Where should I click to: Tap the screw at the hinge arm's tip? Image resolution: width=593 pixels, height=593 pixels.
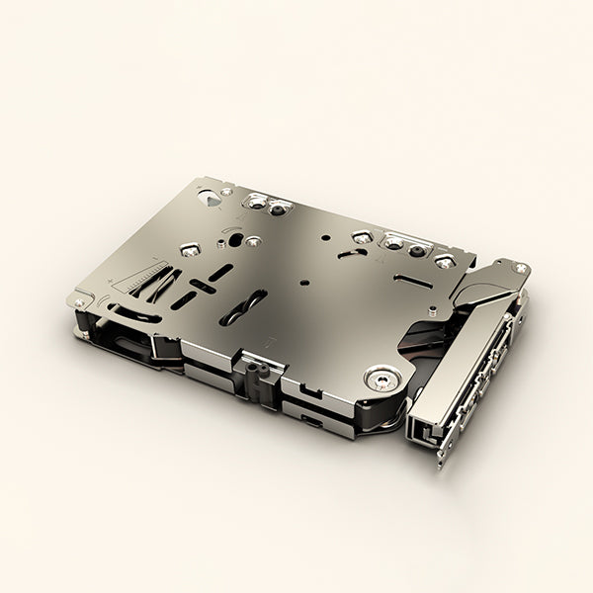coord(520,267)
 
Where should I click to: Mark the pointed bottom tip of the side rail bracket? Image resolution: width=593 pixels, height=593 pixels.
coord(440,463)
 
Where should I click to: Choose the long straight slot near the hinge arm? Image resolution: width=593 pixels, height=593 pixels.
coord(410,281)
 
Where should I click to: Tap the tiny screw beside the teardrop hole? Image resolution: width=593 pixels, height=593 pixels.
coord(228,190)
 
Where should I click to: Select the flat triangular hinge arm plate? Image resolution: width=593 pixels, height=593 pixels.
coord(484,287)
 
